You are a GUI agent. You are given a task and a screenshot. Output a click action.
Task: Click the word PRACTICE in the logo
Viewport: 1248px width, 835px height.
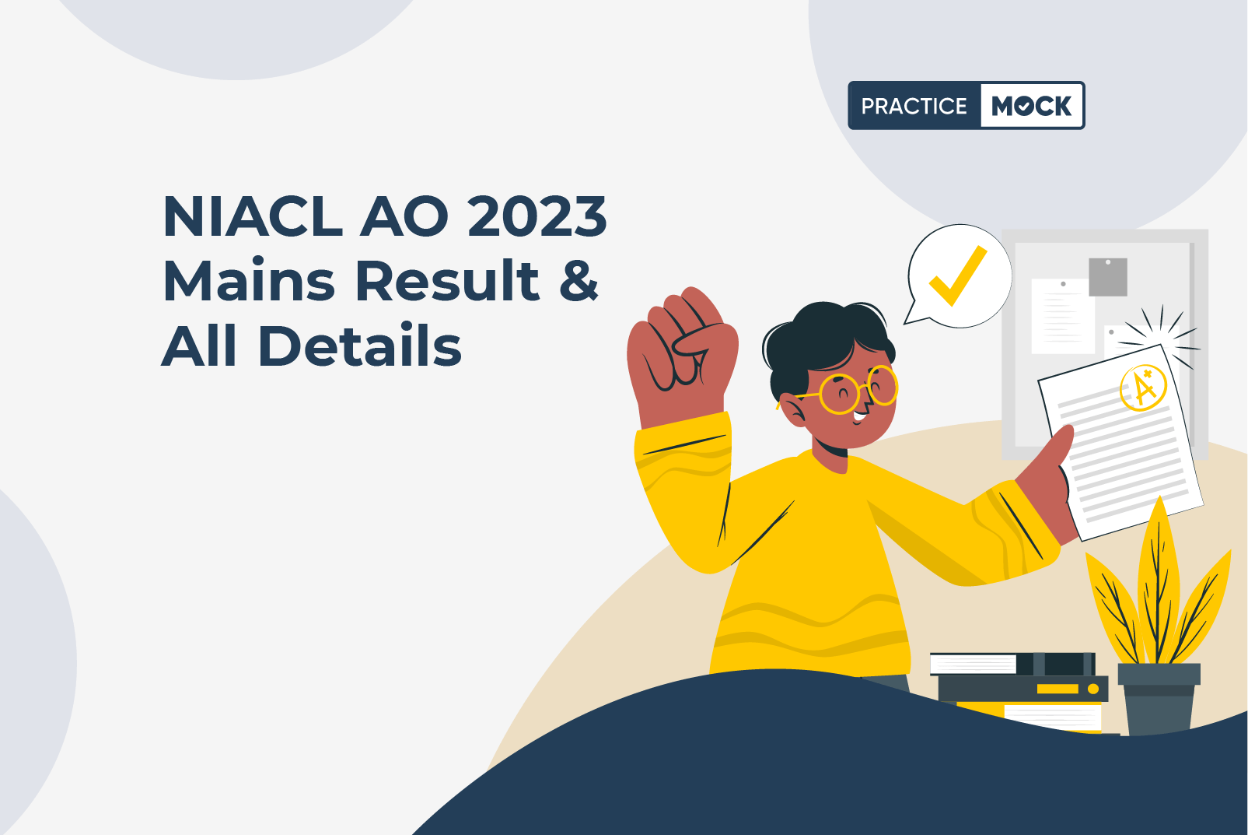click(x=914, y=106)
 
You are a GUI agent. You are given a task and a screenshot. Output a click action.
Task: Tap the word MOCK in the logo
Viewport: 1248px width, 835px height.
click(x=1031, y=106)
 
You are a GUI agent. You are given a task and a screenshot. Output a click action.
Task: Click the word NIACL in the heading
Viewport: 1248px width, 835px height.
click(x=253, y=216)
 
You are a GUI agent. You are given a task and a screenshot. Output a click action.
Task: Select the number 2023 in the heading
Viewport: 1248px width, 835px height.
click(x=537, y=216)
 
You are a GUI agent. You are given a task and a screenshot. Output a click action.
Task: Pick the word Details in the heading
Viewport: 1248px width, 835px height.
click(x=360, y=345)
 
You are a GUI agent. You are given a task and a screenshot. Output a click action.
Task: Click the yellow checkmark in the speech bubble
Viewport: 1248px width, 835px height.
click(x=958, y=275)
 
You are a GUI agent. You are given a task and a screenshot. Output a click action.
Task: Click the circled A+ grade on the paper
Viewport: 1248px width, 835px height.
click(x=1143, y=388)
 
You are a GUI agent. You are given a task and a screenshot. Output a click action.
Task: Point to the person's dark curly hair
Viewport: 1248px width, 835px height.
click(x=824, y=340)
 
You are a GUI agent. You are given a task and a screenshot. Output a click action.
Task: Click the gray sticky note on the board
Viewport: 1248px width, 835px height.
click(x=1107, y=277)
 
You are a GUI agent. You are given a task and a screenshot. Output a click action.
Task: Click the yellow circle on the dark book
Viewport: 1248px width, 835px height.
click(x=1093, y=689)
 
